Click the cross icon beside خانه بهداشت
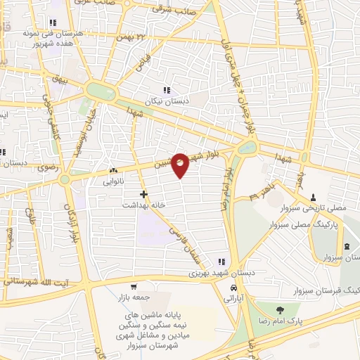(x=144, y=193)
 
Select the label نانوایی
(x=112, y=181)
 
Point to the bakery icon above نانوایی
(x=113, y=170)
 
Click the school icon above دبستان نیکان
(x=167, y=90)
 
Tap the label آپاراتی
(x=233, y=299)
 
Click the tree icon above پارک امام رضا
(x=280, y=309)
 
